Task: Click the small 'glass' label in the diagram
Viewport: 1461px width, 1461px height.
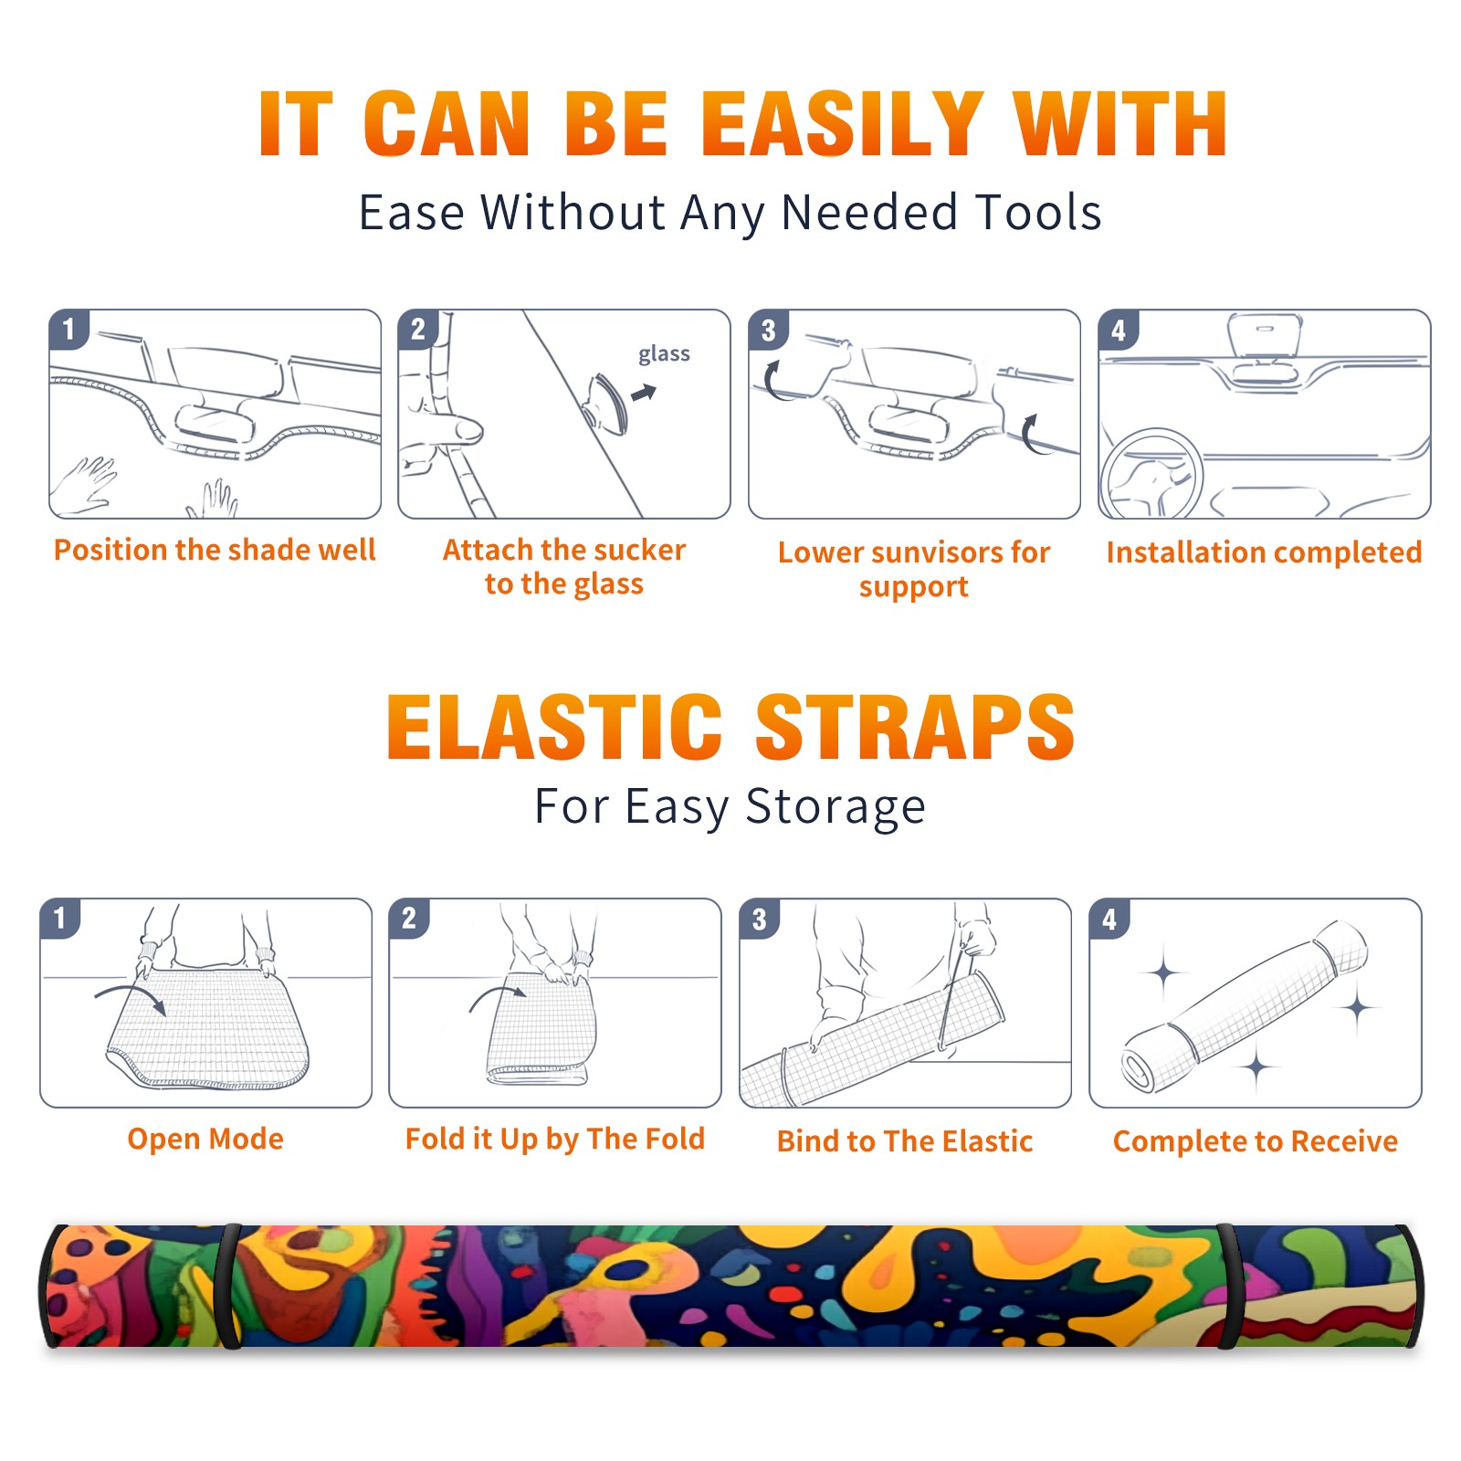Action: tap(664, 354)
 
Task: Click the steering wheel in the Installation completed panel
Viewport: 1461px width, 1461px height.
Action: tap(1152, 476)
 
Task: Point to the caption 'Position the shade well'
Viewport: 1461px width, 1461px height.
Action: tap(215, 550)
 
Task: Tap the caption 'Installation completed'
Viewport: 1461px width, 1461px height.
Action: tap(1264, 552)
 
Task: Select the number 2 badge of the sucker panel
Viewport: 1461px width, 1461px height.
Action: tap(418, 329)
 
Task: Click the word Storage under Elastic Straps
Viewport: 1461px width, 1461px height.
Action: tap(836, 807)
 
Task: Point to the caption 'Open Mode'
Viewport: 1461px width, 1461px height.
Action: tap(205, 1139)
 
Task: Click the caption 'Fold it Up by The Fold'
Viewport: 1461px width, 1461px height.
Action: tap(555, 1139)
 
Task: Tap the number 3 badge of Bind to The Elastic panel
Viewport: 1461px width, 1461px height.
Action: tap(759, 919)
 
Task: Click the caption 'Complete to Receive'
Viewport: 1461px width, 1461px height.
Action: tap(1256, 1141)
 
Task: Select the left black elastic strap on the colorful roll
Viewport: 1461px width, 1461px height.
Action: tap(229, 1286)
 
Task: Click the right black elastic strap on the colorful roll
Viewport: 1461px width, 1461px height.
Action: tap(1229, 1286)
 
